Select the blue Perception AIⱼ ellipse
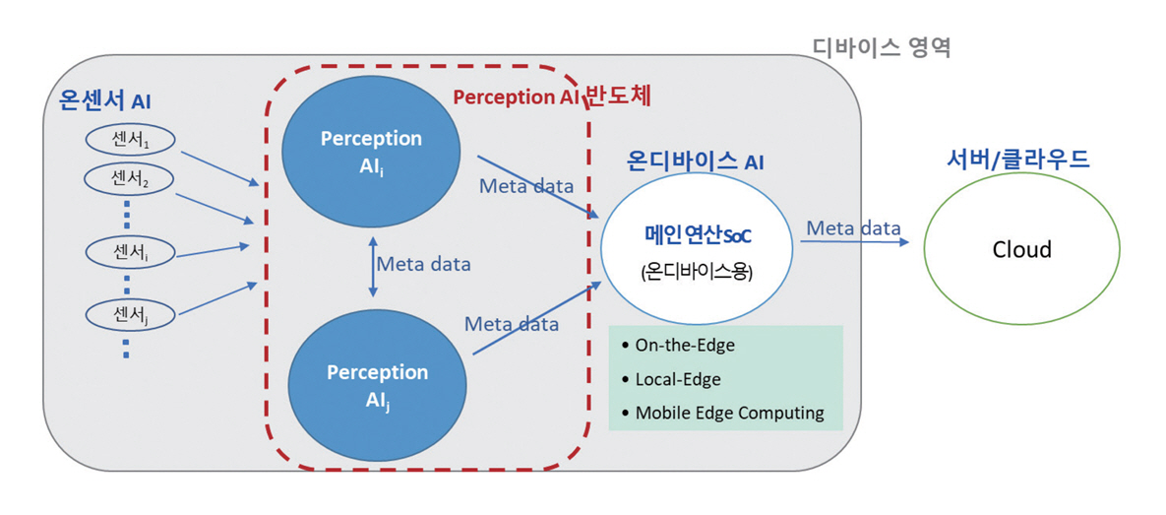[376, 384]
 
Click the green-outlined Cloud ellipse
[1021, 250]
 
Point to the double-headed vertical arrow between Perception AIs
[371, 265]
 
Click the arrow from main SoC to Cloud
[852, 243]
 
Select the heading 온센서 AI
[105, 99]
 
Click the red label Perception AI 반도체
[552, 97]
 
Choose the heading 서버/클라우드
[1017, 159]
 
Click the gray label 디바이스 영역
[881, 46]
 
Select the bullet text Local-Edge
[678, 379]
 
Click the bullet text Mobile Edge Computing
[729, 413]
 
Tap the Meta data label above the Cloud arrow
[853, 228]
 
